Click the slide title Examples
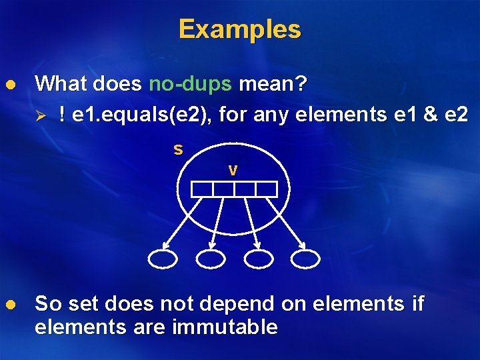239,29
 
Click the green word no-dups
190,84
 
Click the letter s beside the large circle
178,149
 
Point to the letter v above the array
233,170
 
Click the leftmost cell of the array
202,189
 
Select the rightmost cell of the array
266,189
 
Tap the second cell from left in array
223,189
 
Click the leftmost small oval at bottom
163,259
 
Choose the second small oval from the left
211,259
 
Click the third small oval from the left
259,259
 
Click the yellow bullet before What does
10,85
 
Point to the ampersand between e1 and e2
431,115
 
